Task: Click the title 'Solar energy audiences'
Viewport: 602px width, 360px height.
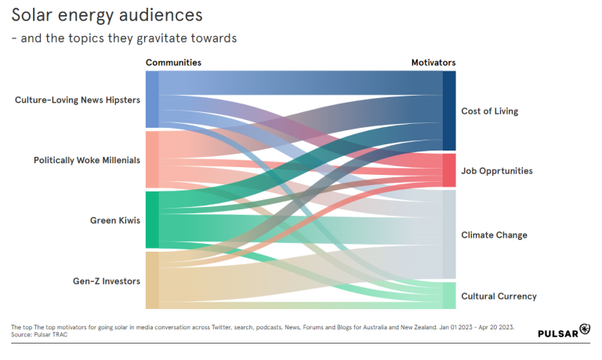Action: (107, 15)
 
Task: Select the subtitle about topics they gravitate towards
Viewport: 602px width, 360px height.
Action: (124, 38)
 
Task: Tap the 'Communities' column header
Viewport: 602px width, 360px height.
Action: (173, 63)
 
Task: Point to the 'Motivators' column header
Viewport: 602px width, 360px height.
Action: (433, 63)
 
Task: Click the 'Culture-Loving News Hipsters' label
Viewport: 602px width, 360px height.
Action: (78, 100)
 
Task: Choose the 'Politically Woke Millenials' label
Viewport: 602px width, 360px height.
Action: (87, 160)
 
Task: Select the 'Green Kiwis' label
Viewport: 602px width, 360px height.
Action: (115, 220)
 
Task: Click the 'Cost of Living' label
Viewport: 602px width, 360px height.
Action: (489, 111)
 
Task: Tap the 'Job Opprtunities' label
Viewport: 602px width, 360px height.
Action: (497, 171)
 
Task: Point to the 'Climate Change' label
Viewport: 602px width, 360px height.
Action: (494, 235)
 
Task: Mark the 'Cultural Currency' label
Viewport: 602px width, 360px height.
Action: (499, 296)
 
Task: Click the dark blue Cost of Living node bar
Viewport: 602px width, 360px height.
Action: (449, 111)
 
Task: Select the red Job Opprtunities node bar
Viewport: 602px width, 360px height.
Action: (449, 170)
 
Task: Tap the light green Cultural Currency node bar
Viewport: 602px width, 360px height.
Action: (449, 296)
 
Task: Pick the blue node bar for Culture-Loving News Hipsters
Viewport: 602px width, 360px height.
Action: (152, 100)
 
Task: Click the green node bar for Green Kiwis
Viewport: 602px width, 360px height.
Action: (152, 220)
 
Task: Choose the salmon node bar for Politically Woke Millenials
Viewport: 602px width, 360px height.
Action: (152, 159)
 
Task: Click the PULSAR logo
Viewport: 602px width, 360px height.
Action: (564, 332)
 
